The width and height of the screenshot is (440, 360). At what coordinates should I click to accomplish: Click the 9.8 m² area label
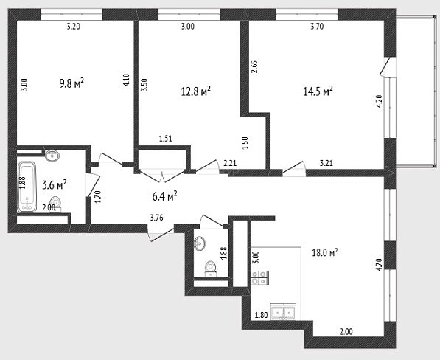tap(71, 83)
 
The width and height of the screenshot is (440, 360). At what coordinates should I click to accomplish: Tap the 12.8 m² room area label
tap(196, 91)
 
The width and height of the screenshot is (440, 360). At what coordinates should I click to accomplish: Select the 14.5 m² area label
tap(318, 91)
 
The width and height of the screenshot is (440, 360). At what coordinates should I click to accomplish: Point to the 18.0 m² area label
tap(325, 253)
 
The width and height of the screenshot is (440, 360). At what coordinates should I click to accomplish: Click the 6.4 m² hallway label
tap(164, 196)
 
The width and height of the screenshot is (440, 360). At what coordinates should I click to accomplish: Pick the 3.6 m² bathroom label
tap(55, 185)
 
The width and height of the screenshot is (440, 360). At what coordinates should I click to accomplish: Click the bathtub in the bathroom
tap(27, 187)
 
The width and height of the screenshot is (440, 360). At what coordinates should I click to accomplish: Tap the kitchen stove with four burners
tap(260, 277)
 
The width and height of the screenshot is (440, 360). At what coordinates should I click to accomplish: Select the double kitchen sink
tap(284, 312)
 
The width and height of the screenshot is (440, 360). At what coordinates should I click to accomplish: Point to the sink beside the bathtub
tap(52, 156)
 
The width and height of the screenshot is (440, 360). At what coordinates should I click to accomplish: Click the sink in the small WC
tap(200, 243)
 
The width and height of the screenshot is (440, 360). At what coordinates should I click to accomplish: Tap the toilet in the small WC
tap(211, 269)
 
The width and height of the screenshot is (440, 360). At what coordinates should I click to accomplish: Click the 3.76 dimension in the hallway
tap(156, 218)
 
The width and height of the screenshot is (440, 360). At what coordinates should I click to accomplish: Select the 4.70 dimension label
tap(379, 264)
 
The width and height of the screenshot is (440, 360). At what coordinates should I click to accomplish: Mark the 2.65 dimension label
tap(254, 67)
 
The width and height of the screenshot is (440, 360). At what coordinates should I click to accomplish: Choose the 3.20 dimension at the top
tap(74, 27)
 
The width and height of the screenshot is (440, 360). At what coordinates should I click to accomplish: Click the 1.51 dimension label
tap(166, 139)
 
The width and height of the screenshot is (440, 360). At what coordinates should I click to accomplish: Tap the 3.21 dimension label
tap(326, 163)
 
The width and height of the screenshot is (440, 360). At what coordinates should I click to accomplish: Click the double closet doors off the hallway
tap(162, 176)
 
